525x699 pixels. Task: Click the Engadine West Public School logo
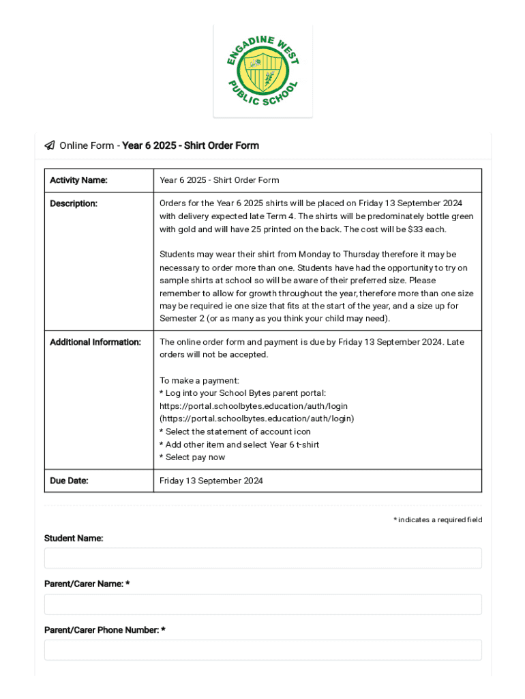point(262,71)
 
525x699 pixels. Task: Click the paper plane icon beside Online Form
point(50,145)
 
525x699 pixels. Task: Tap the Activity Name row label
point(78,180)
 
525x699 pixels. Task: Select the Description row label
point(74,203)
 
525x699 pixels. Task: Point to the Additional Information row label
point(95,342)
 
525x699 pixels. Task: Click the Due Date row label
point(69,481)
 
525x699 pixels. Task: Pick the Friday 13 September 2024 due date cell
point(211,481)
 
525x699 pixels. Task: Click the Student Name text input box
point(262,558)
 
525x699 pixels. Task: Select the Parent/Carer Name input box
point(262,604)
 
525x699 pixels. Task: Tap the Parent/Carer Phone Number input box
point(262,650)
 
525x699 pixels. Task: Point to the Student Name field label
point(74,539)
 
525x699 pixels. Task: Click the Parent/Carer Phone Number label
point(104,630)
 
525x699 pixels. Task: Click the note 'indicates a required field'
point(438,520)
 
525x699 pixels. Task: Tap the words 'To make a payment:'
point(199,380)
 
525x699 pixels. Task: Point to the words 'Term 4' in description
point(278,216)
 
